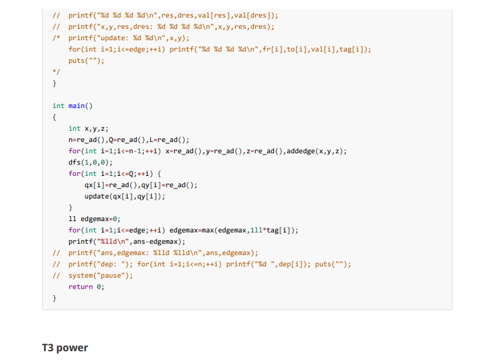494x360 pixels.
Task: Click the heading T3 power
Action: click(x=65, y=347)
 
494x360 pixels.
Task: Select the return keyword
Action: click(x=80, y=286)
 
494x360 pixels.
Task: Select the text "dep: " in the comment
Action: click(x=109, y=264)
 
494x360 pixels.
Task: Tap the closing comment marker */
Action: click(x=56, y=72)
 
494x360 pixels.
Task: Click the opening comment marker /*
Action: click(x=56, y=38)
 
